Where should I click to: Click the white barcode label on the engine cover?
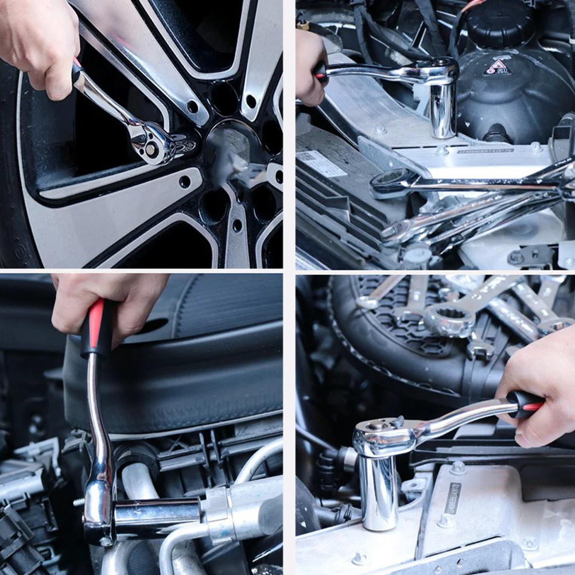tap(321, 164)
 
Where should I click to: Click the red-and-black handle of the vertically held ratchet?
tap(94, 327)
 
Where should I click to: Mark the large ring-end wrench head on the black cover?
tap(449, 320)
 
